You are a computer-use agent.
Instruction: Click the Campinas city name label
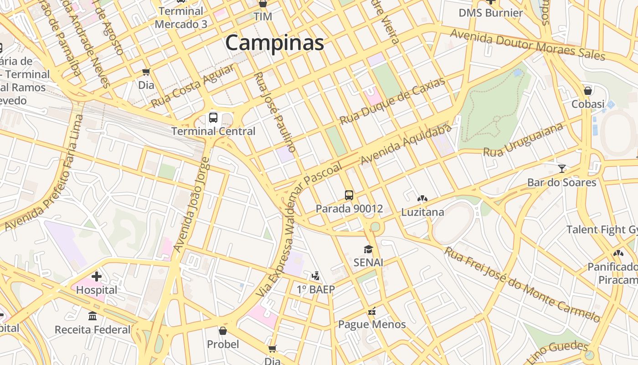tap(274, 43)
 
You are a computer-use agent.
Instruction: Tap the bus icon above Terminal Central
tap(213, 118)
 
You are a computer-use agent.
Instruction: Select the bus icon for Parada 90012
tap(349, 195)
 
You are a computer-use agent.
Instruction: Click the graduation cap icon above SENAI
tap(368, 249)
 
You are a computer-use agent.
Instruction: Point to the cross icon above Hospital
tap(96, 276)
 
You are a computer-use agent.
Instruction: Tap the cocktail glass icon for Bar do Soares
tap(561, 169)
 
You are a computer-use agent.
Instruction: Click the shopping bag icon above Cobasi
tap(588, 90)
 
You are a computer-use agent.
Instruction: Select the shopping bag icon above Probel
tap(222, 330)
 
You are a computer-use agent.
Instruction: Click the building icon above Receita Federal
tap(93, 316)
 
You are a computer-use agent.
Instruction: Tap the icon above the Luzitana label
tap(422, 198)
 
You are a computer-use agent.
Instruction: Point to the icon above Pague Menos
tap(372, 312)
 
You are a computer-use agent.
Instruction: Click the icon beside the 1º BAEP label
tap(315, 276)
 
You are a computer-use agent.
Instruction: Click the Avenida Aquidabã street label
tap(406, 145)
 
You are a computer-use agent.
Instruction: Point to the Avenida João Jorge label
tap(192, 204)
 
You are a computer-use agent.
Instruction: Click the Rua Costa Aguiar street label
tap(193, 86)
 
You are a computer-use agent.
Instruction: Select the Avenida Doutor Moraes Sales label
tap(527, 45)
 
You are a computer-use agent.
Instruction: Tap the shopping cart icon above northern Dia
tap(146, 72)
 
